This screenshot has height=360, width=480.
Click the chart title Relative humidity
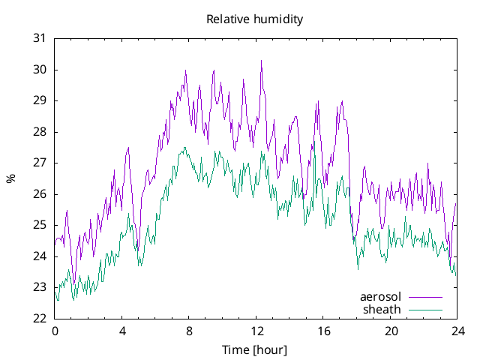coord(255,19)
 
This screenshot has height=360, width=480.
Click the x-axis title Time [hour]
coord(255,349)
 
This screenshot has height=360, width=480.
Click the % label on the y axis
coord(10,178)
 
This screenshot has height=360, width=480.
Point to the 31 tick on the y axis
coord(40,38)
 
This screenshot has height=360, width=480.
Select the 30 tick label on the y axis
coord(40,70)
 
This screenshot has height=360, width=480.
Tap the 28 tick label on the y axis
coord(40,132)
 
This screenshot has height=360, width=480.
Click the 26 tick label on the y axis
coord(40,194)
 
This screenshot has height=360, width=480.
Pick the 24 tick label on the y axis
coord(40,256)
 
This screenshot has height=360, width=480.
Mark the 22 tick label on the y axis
coord(40,318)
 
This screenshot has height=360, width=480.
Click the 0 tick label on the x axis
coord(54,331)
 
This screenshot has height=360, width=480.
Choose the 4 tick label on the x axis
coord(121,331)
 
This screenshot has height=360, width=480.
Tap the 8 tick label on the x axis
coord(189,331)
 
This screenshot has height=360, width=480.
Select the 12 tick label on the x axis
coord(256,331)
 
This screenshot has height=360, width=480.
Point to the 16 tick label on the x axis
coord(323,331)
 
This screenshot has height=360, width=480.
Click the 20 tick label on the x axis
coord(391,331)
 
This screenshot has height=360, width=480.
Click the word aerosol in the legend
coord(381,297)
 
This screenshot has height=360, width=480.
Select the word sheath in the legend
coord(382,309)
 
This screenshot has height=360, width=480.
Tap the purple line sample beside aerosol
coord(424,297)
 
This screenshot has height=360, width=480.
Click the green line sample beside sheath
coord(424,309)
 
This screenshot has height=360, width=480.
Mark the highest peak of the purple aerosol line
coord(261,61)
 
